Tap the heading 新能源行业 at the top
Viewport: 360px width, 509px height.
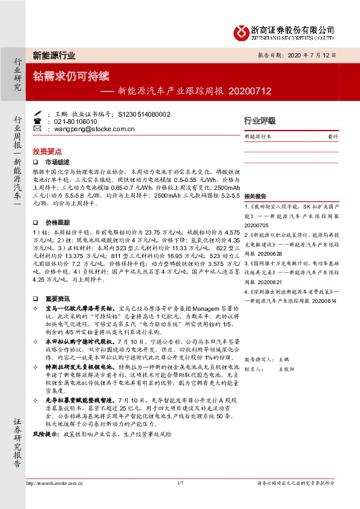(54, 55)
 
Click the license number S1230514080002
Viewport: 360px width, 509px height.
(144, 114)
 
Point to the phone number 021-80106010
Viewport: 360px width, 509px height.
(76, 122)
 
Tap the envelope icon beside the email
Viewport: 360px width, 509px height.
(38, 129)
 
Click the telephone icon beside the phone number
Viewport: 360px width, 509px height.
(38, 122)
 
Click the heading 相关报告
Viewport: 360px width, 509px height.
(254, 197)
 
